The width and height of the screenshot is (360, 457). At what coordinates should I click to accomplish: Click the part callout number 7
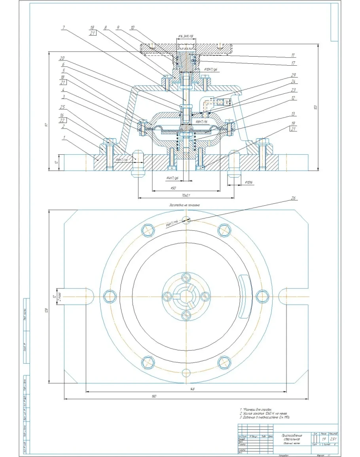pos(64,28)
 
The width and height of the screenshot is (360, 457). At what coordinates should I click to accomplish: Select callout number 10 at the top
pos(132,28)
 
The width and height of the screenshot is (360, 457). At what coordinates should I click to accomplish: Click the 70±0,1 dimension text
pos(185,195)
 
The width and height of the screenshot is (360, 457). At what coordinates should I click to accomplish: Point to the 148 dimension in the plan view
pos(193,389)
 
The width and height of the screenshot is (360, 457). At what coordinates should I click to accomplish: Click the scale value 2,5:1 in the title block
pos(334,439)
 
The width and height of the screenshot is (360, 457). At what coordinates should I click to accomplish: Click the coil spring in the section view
pos(186,141)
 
